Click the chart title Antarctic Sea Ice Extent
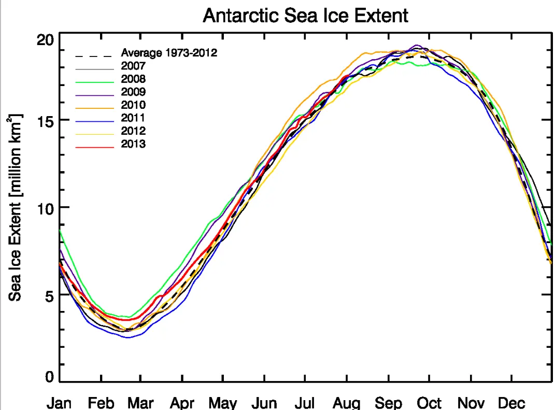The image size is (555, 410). click(305, 15)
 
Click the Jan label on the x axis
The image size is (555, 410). click(59, 403)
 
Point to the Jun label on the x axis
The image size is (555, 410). click(264, 403)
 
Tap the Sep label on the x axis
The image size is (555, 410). click(388, 403)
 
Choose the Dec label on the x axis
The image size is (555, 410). click(511, 403)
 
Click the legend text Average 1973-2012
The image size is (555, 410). click(168, 53)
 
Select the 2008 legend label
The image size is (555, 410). click(133, 79)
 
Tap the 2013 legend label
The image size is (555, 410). click(133, 144)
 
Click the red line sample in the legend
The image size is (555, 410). click(94, 147)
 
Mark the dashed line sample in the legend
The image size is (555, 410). click(94, 56)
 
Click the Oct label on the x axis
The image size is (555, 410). click(430, 403)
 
